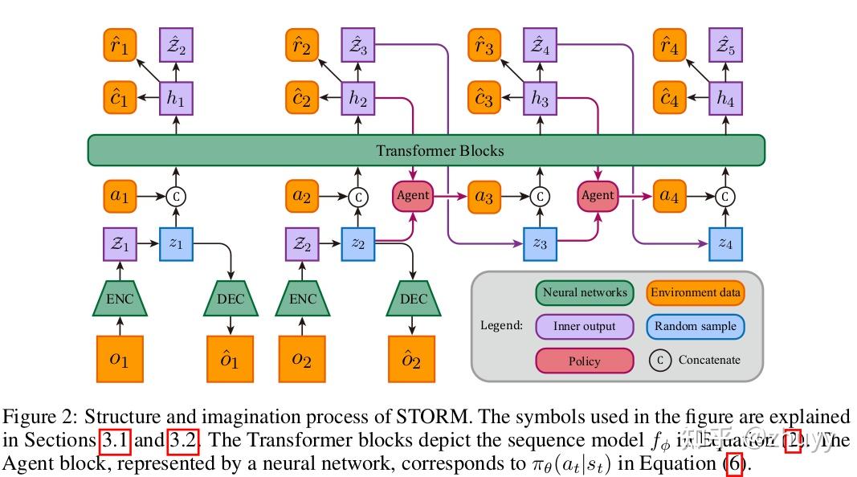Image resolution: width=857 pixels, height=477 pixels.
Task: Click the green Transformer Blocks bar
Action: (x=426, y=150)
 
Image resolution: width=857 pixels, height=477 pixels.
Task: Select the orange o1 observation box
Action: (x=119, y=359)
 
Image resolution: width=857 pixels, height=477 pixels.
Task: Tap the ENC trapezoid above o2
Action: (x=302, y=299)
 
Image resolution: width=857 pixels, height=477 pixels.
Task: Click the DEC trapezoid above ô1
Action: (x=231, y=299)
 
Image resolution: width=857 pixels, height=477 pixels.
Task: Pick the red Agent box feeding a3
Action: (x=413, y=195)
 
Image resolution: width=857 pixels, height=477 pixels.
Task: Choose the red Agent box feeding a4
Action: (x=598, y=195)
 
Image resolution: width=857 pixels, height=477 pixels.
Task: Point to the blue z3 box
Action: (x=540, y=243)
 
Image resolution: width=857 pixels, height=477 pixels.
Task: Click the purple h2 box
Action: (x=359, y=99)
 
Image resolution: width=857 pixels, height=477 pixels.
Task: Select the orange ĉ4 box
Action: (x=668, y=99)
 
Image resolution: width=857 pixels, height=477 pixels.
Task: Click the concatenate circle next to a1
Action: (x=175, y=196)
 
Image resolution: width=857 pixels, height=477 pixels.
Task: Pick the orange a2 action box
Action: (x=302, y=196)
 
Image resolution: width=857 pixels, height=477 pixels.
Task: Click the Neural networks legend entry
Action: (x=585, y=292)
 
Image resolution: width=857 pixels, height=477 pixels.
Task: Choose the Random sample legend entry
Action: (x=695, y=326)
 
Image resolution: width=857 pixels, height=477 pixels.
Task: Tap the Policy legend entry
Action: (x=584, y=361)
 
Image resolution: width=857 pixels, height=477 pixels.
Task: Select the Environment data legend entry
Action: (x=695, y=292)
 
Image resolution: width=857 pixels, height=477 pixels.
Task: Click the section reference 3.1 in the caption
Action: (x=113, y=440)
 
